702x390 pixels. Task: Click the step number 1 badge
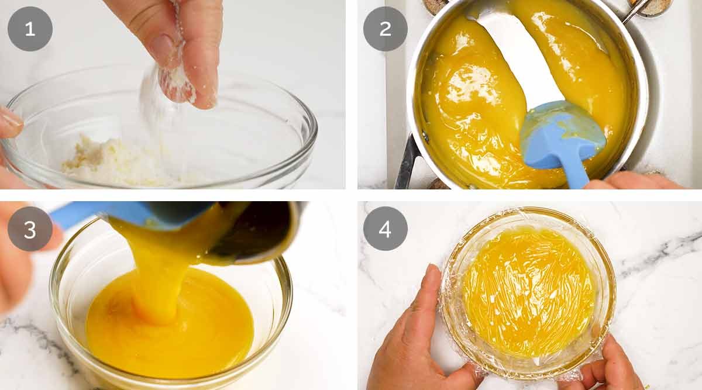point(30,29)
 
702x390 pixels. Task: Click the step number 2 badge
point(386,29)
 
